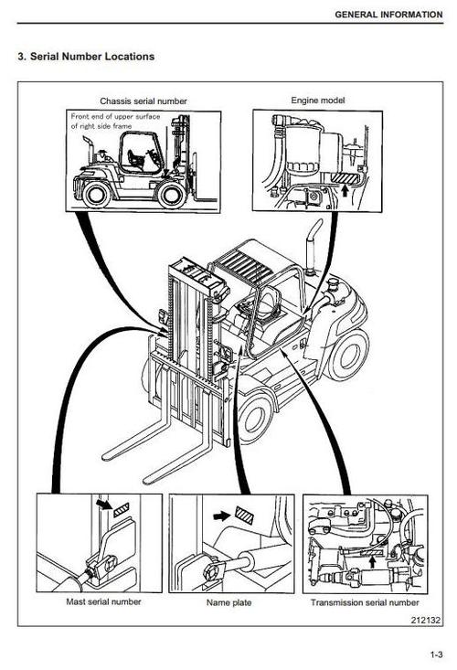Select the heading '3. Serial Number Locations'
[87, 57]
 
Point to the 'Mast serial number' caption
[99, 602]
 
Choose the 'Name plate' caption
[229, 602]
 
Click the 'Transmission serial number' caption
[365, 602]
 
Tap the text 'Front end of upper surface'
[114, 118]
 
